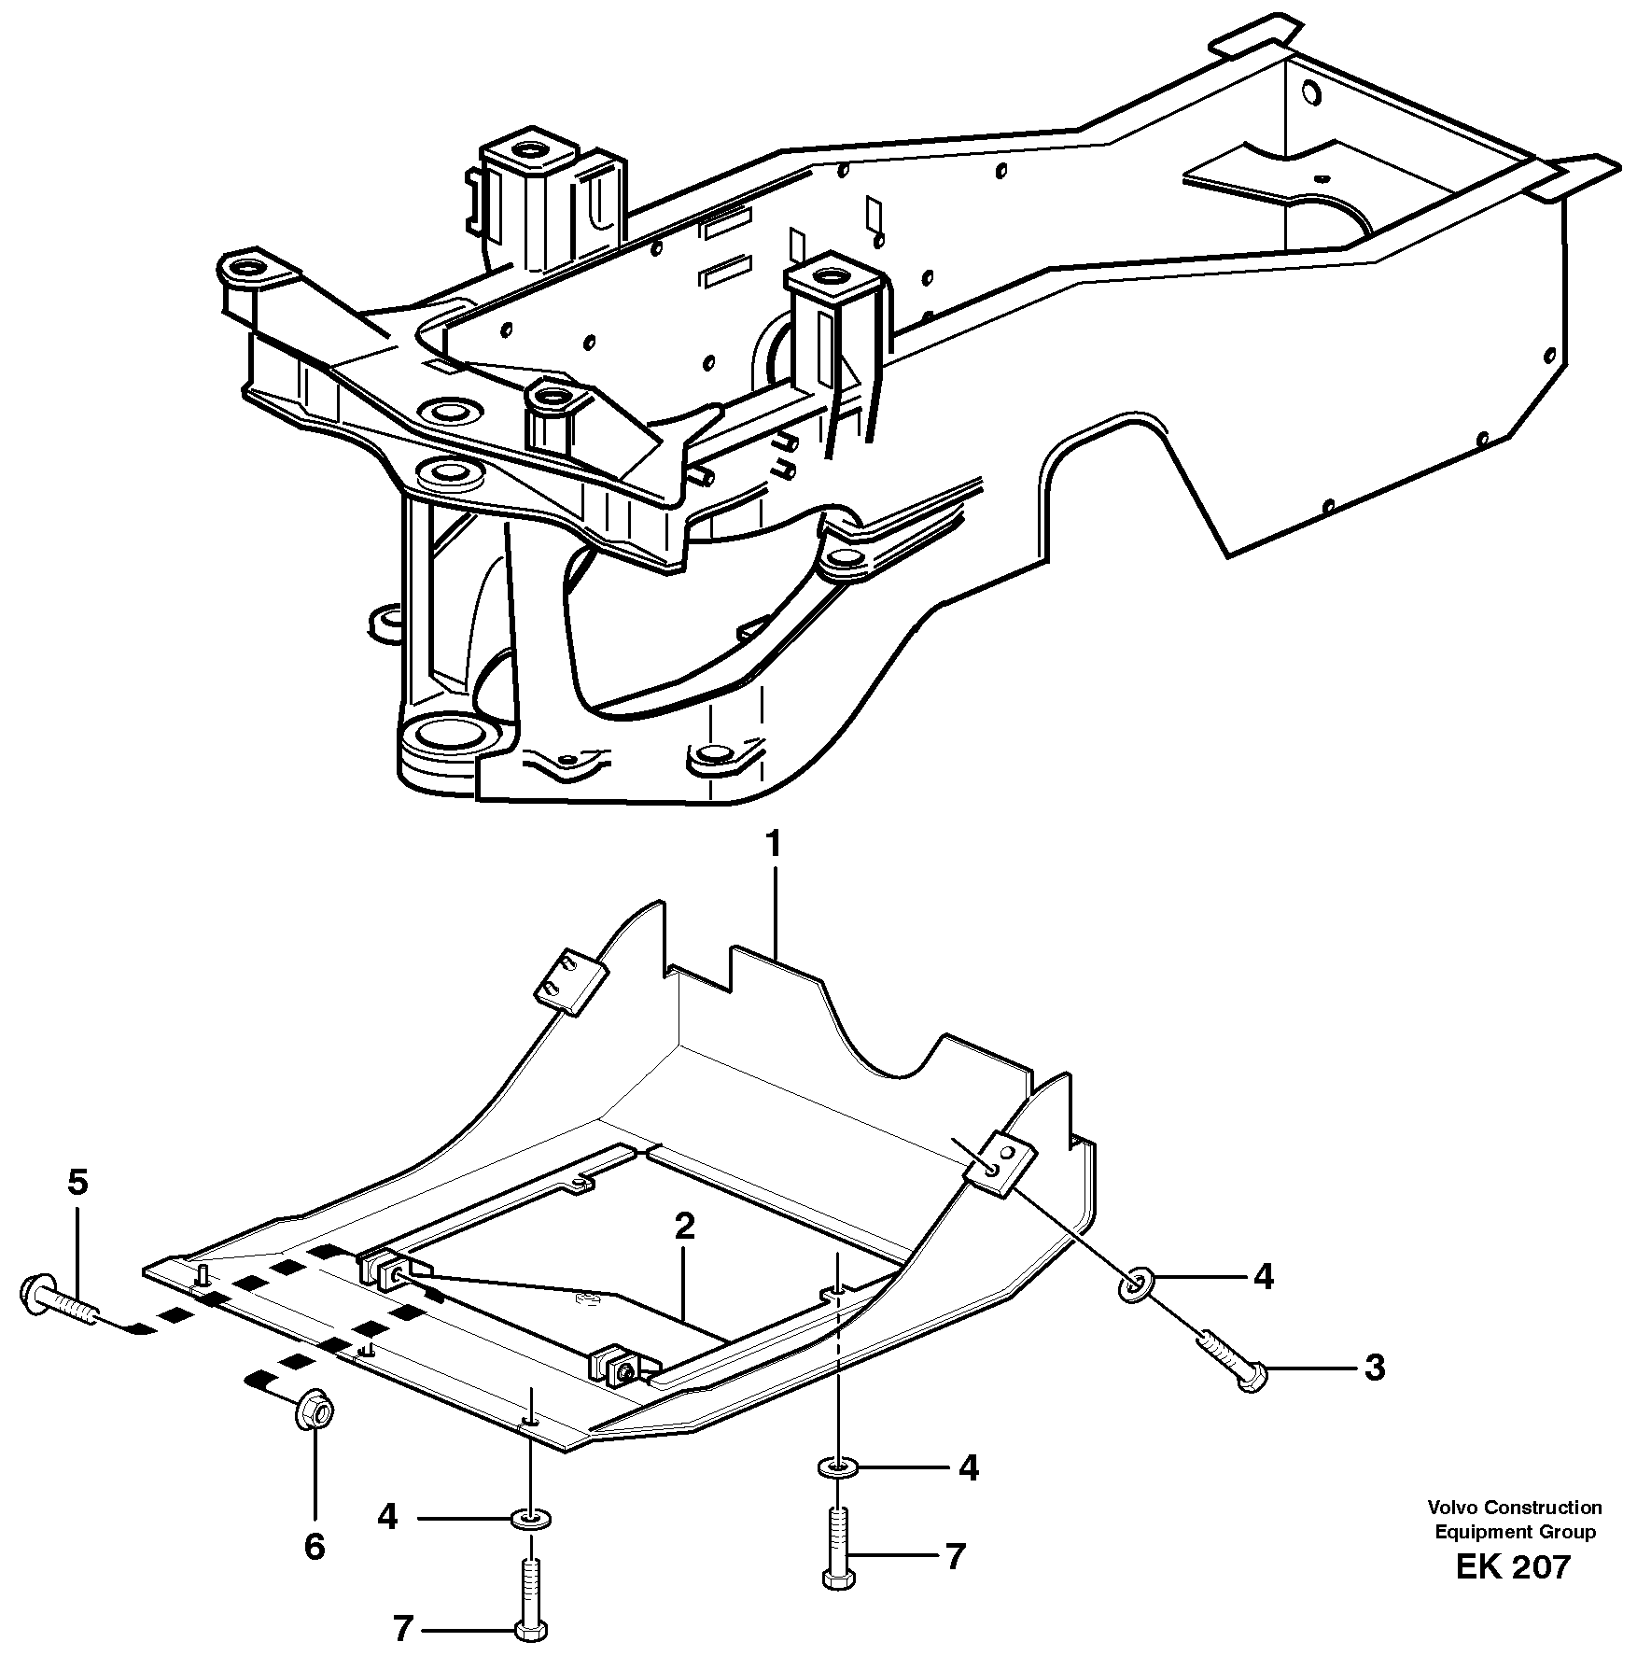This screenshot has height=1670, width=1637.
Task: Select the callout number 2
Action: pyautogui.click(x=684, y=1227)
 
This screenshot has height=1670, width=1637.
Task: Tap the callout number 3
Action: pyautogui.click(x=1374, y=1368)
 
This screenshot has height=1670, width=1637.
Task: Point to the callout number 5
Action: pyautogui.click(x=77, y=1183)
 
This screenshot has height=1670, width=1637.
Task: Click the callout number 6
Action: pyautogui.click(x=315, y=1547)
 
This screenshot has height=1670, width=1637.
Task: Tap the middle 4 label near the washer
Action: pyautogui.click(x=969, y=1468)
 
